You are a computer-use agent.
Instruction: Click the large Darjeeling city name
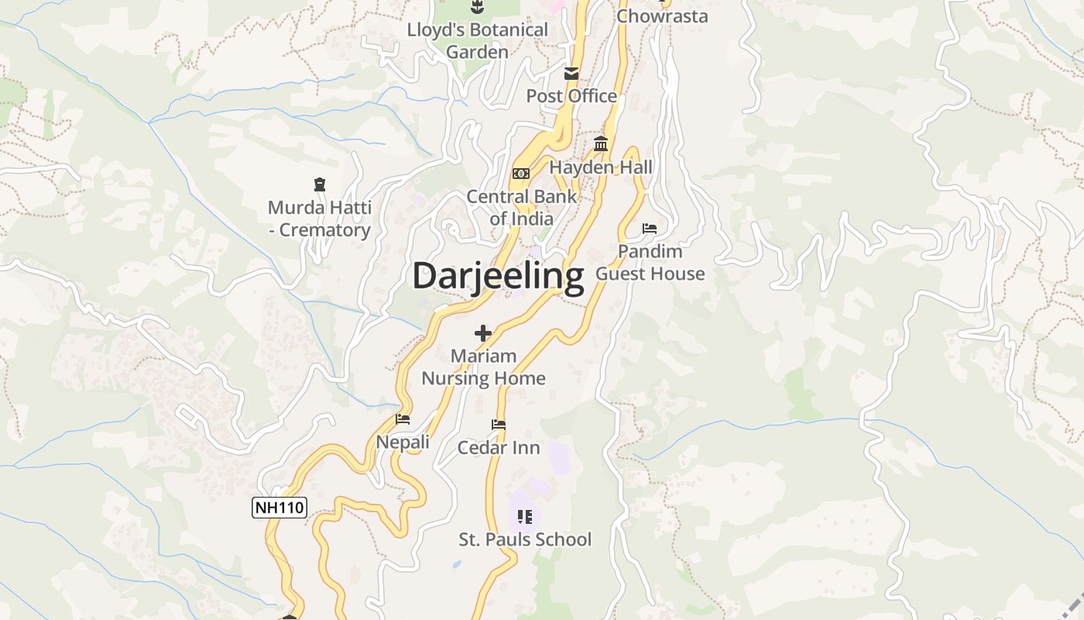498,277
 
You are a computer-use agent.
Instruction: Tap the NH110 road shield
280,508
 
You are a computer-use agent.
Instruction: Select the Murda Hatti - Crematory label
319,219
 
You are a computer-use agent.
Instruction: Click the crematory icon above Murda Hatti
319,184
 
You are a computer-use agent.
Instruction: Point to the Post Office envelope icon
571,74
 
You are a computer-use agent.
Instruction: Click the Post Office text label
571,96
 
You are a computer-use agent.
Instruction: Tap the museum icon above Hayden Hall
601,144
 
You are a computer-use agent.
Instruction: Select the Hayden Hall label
601,167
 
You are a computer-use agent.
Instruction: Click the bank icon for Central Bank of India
521,174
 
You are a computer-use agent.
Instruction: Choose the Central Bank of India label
521,208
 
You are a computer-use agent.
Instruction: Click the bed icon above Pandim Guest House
650,229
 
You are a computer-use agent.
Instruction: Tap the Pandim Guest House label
650,263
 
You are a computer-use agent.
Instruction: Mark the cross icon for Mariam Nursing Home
483,333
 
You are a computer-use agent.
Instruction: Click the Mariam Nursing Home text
483,367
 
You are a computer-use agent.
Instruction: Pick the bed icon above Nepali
403,419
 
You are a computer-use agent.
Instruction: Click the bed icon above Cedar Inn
499,425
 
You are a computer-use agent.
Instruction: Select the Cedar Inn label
499,448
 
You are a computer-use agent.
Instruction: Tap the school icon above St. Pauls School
525,516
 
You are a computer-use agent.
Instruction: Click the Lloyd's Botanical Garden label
478,41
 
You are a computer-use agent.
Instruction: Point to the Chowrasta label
662,15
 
